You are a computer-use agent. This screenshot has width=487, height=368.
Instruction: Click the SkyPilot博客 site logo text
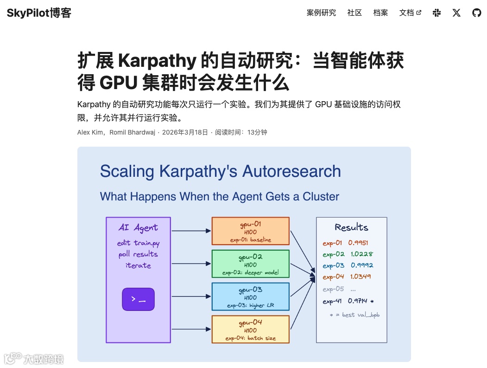39,13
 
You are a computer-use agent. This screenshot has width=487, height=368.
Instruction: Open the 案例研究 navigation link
321,13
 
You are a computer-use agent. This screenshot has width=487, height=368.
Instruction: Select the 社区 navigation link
354,13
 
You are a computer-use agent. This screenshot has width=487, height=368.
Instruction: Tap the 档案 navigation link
380,13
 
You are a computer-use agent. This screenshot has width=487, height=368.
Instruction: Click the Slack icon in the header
436,13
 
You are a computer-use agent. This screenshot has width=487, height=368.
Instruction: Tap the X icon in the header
456,13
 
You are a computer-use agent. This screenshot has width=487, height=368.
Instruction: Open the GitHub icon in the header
476,13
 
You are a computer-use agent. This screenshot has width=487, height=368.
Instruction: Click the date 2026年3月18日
185,132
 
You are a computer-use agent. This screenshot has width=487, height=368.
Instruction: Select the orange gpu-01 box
250,231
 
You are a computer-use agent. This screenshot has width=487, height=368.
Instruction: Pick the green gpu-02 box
250,264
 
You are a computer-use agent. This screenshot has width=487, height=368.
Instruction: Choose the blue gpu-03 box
250,297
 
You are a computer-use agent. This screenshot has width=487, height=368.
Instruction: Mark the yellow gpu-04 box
250,329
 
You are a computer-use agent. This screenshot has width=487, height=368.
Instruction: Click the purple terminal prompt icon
138,299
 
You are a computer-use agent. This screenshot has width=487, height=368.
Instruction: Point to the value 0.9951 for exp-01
358,243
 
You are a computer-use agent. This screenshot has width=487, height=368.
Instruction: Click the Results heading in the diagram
351,227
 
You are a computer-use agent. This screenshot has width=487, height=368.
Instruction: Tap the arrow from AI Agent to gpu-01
191,231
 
